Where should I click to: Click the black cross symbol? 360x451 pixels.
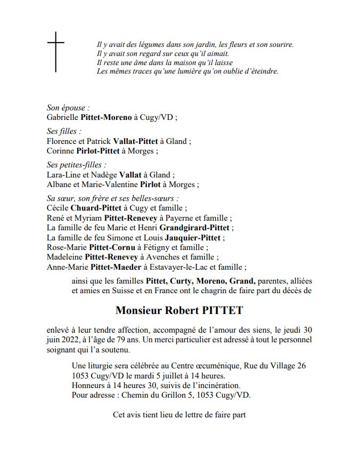tap(55, 51)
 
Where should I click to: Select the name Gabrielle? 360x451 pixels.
tap(62, 117)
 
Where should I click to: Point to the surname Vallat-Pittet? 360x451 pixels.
tap(138, 141)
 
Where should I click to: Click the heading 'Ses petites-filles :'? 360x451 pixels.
tap(76, 165)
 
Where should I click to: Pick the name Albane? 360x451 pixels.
tap(60, 184)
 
